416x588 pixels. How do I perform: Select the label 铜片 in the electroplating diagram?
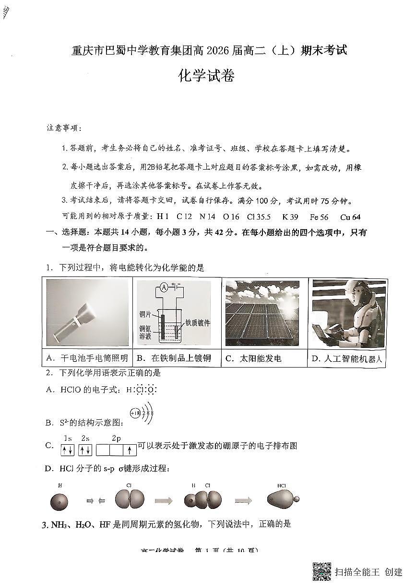tap(145, 314)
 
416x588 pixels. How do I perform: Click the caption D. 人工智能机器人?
tap(348, 358)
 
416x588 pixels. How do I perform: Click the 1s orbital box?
tap(67, 450)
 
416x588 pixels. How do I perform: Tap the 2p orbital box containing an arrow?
tap(129, 450)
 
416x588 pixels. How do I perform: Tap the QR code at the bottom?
tap(322, 571)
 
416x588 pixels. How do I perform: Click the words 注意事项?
tap(64, 128)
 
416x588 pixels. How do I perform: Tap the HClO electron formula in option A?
tap(141, 390)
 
